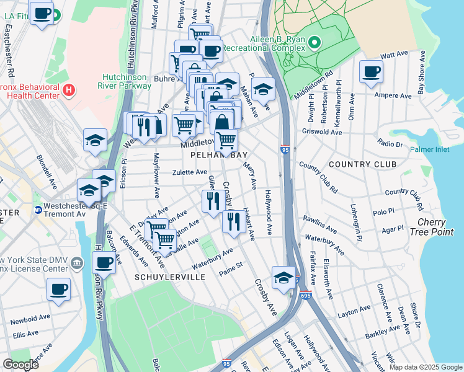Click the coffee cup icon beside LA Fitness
point(42,14)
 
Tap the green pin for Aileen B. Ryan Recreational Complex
point(314,43)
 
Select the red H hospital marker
point(69,91)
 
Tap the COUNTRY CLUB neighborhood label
point(362,164)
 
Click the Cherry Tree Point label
point(435,227)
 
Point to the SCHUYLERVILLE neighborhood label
point(169,277)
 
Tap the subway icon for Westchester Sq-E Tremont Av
point(38,210)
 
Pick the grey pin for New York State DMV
point(76,263)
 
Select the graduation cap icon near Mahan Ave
point(263,89)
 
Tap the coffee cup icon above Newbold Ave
point(58,288)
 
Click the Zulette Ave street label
point(190,172)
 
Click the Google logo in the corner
point(20,365)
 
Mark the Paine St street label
point(230,270)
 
